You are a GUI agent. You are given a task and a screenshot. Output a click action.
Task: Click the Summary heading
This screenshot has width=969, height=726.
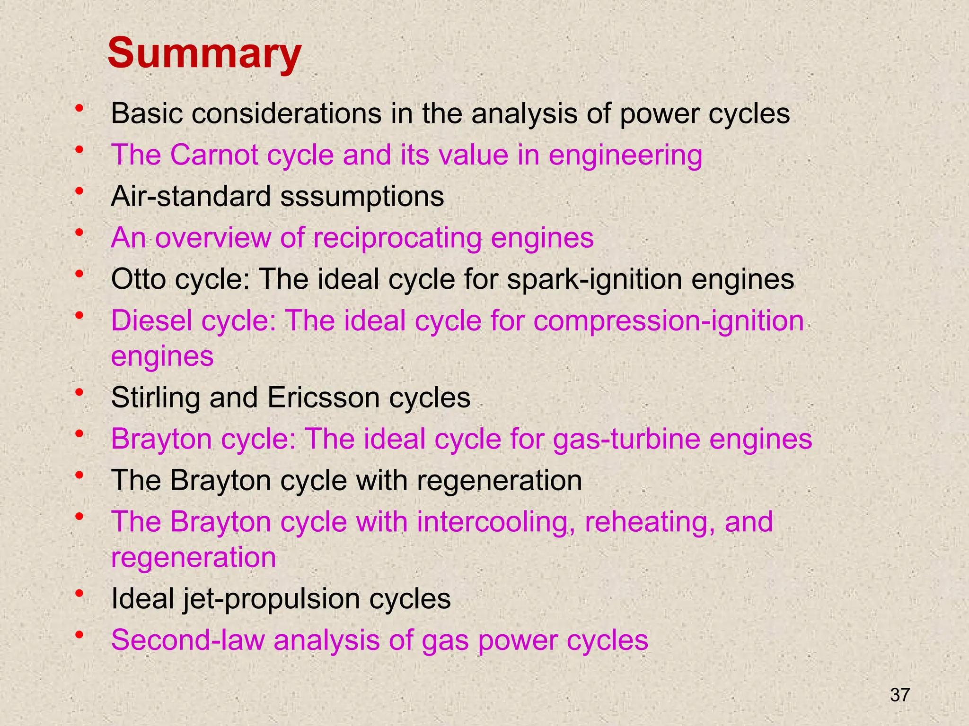coord(204,54)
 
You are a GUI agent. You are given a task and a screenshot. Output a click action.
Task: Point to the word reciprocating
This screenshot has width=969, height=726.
coord(397,238)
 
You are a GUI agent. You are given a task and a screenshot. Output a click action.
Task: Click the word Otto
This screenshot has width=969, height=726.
coord(138,279)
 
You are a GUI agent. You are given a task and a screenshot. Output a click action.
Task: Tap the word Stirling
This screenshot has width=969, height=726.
coord(156,398)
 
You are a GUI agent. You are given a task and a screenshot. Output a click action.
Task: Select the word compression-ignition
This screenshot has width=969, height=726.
coord(669,321)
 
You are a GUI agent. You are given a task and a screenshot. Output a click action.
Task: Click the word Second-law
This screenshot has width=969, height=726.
coord(187,640)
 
